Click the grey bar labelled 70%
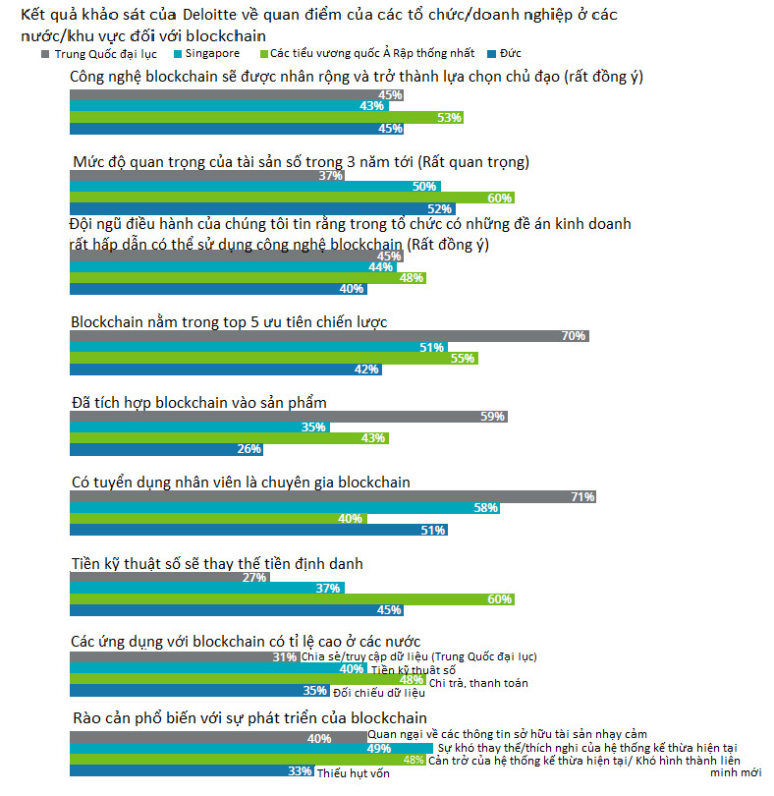click(x=329, y=336)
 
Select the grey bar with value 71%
click(x=333, y=497)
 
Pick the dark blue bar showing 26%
click(x=167, y=449)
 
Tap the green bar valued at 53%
click(x=266, y=117)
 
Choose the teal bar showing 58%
click(x=284, y=508)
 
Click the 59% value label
click(x=493, y=417)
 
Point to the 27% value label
click(x=254, y=578)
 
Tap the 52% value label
click(x=439, y=208)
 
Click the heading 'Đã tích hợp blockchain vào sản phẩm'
click(x=198, y=402)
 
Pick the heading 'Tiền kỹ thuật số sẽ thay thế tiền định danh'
click(x=218, y=563)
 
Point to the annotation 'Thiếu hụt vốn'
click(x=353, y=773)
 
